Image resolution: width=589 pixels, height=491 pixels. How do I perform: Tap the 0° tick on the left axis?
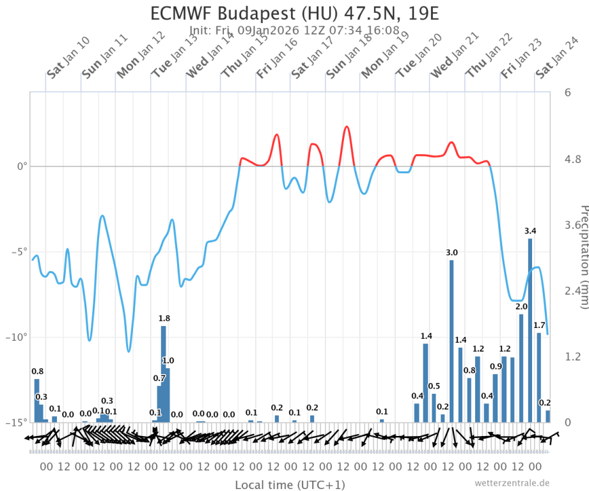click(22, 167)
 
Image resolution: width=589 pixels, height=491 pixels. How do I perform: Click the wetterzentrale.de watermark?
click(512, 483)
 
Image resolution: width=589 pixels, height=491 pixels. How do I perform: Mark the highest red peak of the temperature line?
click(347, 127)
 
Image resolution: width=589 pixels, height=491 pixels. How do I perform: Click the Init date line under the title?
click(295, 30)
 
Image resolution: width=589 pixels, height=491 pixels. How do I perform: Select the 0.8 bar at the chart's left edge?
click(37, 400)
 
